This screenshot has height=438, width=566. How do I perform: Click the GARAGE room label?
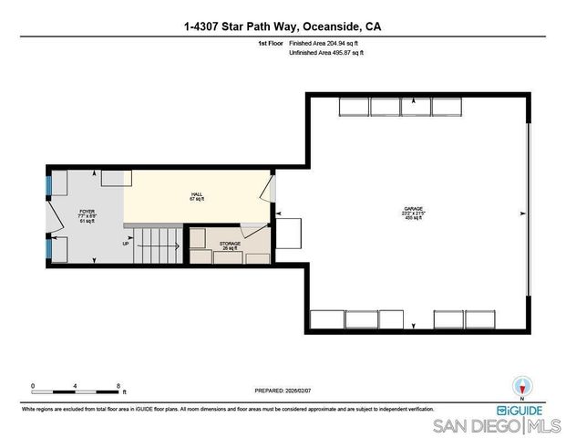[413, 213]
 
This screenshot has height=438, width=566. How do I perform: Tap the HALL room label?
[196, 196]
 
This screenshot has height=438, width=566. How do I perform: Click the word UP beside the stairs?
[126, 244]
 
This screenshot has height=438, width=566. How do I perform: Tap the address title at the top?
[283, 27]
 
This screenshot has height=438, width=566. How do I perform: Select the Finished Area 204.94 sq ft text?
[326, 43]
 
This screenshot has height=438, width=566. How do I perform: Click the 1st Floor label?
[269, 43]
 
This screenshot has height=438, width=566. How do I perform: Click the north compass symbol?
[522, 387]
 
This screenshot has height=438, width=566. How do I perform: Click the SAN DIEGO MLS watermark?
[497, 426]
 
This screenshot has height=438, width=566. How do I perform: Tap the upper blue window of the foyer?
[49, 184]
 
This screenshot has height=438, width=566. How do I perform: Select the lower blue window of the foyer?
[49, 248]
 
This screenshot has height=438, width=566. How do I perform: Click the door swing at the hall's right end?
[265, 191]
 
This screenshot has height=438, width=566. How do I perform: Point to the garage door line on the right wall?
[528, 212]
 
